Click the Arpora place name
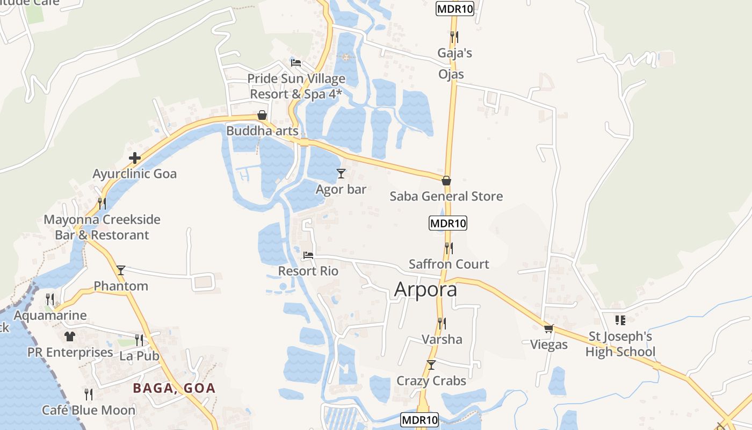425,289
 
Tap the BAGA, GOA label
174,388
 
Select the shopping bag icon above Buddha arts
262,115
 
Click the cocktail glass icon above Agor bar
341,173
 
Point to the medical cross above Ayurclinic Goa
134,158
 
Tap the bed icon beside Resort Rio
308,255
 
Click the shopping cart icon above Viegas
548,328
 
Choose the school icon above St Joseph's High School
620,320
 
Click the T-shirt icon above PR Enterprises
70,336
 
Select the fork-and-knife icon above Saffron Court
449,248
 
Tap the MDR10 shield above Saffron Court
448,223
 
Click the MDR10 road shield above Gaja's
455,9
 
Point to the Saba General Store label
446,196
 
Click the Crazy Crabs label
431,381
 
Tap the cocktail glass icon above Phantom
121,270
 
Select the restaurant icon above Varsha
442,323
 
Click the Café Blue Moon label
89,410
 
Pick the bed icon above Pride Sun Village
295,63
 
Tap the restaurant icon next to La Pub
139,340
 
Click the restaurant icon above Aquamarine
50,299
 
